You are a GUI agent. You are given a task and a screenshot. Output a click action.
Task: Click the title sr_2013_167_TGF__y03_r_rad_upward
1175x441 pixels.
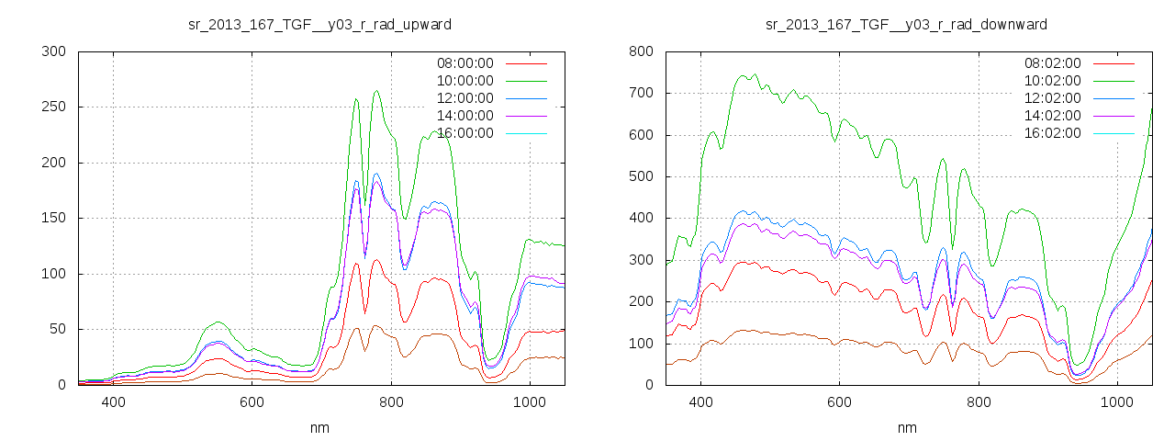[319, 24]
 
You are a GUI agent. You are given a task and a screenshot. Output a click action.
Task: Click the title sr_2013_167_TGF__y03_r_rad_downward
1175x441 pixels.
[906, 24]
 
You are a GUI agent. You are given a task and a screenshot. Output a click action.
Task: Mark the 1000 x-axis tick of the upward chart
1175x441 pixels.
[530, 401]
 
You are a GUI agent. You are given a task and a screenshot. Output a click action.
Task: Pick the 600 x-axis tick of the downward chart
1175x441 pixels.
[839, 401]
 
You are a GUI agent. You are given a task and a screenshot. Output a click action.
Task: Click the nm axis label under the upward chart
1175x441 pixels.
[319, 427]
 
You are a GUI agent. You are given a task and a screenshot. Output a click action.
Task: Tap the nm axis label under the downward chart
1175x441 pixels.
[906, 427]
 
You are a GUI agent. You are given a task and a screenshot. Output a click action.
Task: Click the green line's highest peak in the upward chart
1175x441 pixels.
[376, 91]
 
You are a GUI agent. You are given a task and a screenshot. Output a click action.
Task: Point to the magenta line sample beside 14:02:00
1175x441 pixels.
[1114, 116]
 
